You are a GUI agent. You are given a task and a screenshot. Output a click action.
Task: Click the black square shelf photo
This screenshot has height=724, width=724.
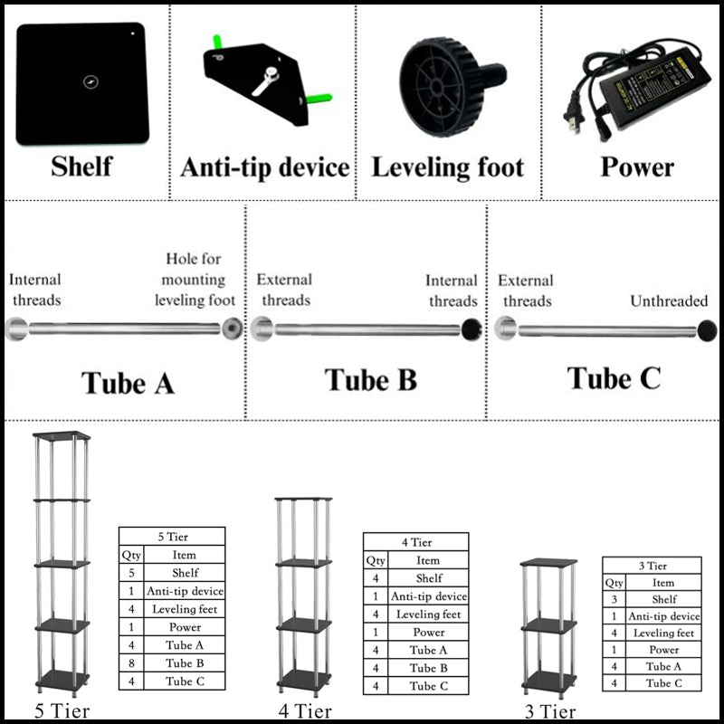click(x=82, y=82)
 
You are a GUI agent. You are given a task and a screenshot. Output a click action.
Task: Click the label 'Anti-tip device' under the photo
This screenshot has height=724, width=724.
click(x=264, y=168)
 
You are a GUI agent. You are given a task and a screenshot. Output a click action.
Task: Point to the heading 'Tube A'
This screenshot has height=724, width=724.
click(x=128, y=383)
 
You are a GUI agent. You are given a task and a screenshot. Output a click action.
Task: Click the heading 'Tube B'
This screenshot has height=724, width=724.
click(x=371, y=380)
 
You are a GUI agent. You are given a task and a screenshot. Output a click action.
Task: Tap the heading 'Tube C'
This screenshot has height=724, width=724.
click(x=614, y=378)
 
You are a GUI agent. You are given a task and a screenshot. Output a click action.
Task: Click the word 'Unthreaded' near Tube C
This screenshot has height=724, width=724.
click(x=669, y=300)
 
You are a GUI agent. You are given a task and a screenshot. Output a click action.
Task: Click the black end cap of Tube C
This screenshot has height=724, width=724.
click(x=707, y=329)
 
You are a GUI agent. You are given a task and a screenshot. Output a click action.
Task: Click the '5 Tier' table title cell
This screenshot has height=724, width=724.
click(x=172, y=536)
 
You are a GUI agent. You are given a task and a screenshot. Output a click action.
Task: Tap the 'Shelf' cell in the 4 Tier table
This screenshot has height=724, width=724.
click(x=429, y=577)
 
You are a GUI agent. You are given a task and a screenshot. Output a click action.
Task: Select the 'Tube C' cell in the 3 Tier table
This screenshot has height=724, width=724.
click(x=664, y=683)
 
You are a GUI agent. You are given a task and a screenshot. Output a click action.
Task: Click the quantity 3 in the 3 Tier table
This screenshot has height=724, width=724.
click(x=614, y=599)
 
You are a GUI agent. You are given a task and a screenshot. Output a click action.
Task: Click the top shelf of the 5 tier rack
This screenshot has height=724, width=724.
click(x=62, y=436)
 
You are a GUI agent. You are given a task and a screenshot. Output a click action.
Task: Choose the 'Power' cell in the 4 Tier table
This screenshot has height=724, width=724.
click(x=429, y=632)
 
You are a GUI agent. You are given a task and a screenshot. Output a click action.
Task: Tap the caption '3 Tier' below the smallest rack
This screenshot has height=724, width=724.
click(x=549, y=710)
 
